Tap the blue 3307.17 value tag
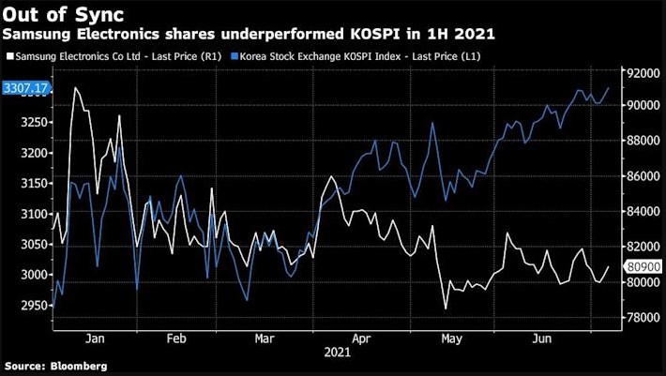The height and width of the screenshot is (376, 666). [25, 88]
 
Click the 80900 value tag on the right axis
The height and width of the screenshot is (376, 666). [640, 267]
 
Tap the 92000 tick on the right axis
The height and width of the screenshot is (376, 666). [641, 72]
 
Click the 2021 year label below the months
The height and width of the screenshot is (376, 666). [338, 353]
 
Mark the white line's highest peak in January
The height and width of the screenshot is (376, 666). [74, 88]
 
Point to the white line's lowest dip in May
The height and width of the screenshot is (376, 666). [446, 308]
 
